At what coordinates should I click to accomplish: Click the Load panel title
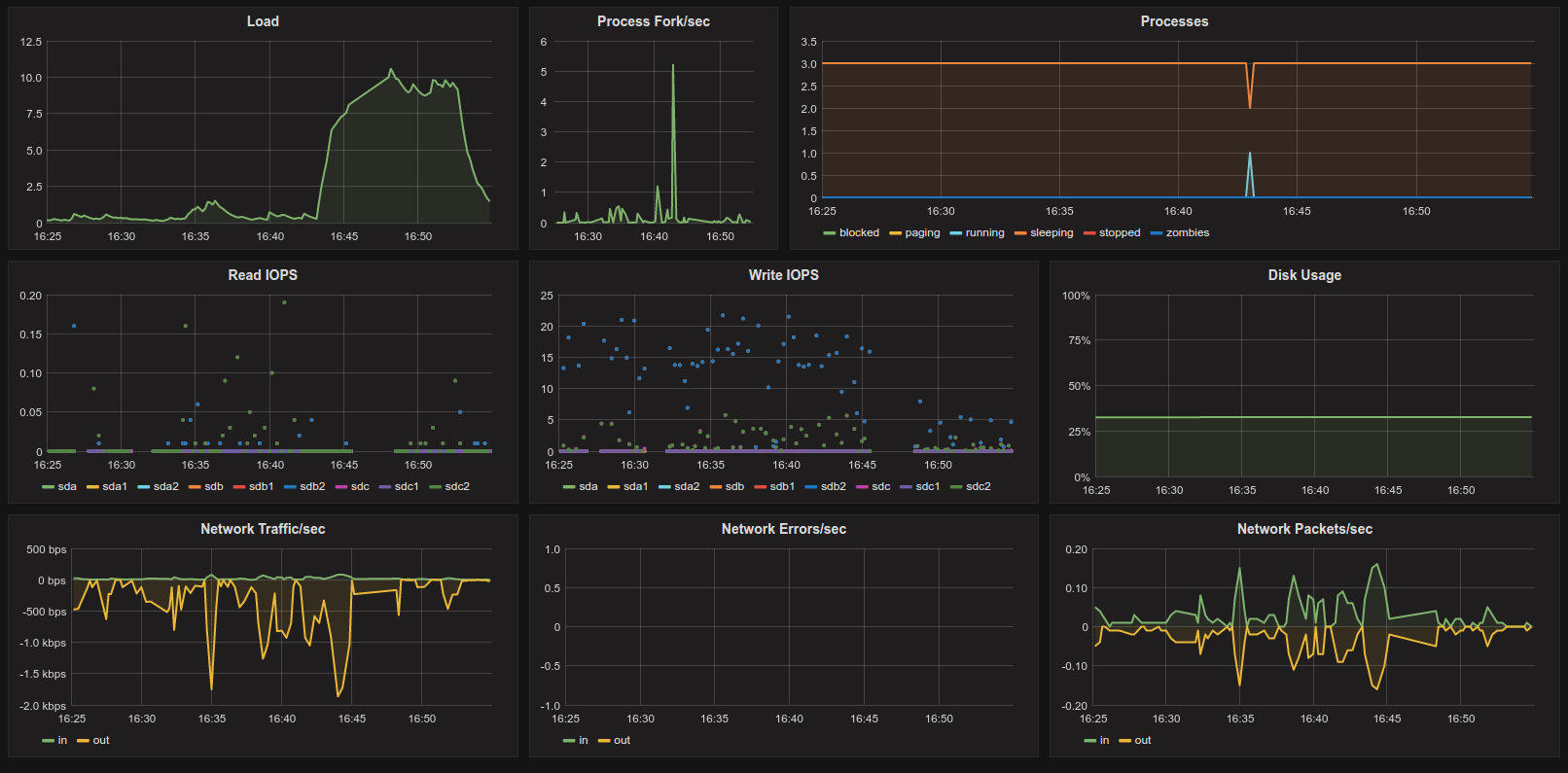(263, 21)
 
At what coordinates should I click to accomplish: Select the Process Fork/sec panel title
(653, 21)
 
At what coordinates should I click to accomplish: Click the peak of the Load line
(391, 69)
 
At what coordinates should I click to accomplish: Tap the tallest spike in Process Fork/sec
(673, 66)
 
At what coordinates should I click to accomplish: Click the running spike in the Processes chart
(1250, 154)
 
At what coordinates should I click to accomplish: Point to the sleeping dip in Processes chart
(1250, 106)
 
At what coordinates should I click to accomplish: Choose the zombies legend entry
(1180, 233)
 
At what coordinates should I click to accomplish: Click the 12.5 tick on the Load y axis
(31, 42)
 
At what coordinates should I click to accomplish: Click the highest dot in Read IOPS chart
(284, 302)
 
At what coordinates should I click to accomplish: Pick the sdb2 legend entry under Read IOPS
(304, 487)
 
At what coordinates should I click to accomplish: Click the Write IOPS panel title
(783, 275)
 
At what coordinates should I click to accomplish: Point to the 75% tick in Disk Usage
(1077, 340)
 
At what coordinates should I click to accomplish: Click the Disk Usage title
(1304, 275)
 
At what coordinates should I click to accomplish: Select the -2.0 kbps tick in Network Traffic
(44, 706)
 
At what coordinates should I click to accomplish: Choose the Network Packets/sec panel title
(1304, 530)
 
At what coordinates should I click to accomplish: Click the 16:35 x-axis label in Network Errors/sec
(714, 720)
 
